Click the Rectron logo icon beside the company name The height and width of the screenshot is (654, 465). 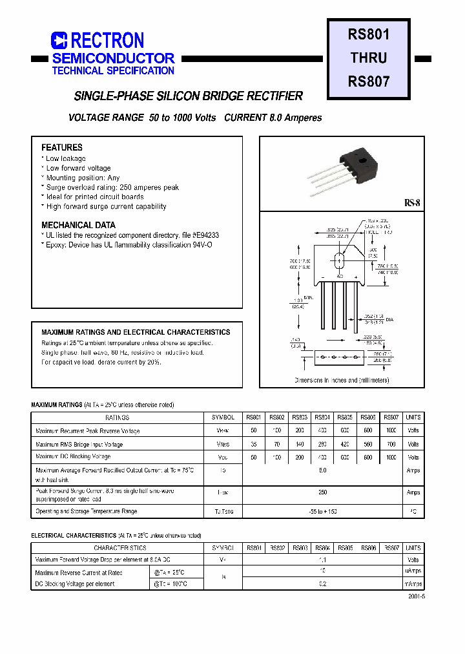click(x=59, y=41)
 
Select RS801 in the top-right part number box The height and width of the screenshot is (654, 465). click(x=369, y=34)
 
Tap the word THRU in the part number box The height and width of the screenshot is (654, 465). click(x=369, y=58)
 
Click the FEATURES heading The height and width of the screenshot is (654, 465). click(x=62, y=147)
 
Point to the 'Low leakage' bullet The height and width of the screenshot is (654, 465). click(x=65, y=158)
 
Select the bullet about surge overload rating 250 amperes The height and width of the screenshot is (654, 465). click(x=112, y=187)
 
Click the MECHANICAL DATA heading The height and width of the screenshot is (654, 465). click(x=78, y=225)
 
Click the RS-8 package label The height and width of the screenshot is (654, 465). click(x=412, y=203)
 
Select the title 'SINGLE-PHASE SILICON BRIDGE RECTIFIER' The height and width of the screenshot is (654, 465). click(x=189, y=96)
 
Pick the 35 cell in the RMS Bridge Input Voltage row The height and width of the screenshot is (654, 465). click(x=253, y=445)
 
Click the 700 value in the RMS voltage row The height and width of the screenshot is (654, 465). click(x=391, y=445)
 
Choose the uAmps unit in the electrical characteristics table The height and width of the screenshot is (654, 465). click(x=413, y=571)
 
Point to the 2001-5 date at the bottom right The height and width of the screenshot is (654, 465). click(x=417, y=597)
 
